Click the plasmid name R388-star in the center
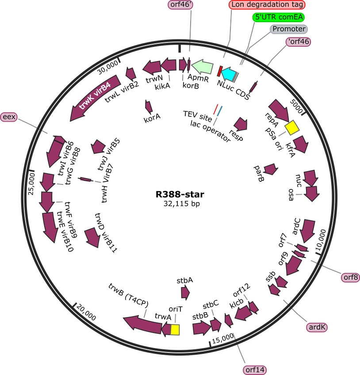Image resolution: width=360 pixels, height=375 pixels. tap(180, 194)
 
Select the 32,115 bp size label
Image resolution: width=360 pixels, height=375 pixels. tap(182, 204)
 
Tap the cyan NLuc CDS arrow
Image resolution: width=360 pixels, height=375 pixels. tap(229, 73)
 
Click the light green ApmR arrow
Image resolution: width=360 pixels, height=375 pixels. tap(203, 66)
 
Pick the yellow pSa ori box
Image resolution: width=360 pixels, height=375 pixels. tap(292, 127)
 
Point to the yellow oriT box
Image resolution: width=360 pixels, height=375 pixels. tap(175, 330)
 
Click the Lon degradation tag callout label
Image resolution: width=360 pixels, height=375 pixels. tap(267, 4)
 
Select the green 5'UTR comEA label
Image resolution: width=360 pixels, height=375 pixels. tap(279, 17)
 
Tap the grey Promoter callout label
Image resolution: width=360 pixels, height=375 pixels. tap(289, 29)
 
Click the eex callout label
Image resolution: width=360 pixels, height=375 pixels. tap(9, 117)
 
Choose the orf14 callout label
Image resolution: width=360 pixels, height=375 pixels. tap(255, 370)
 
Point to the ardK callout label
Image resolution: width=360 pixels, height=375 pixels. tap(317, 327)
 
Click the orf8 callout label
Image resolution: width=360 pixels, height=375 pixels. tap(350, 277)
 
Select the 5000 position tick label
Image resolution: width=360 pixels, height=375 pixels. tap(296, 106)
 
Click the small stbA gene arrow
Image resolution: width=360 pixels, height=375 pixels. tap(185, 293)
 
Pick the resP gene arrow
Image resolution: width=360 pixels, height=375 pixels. tap(241, 124)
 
